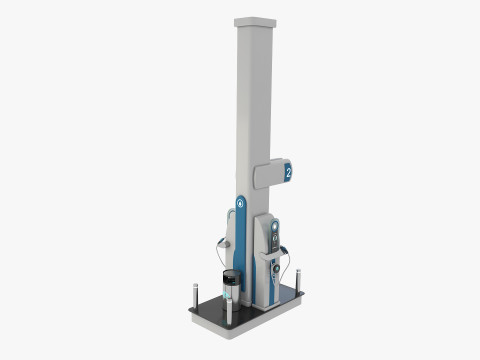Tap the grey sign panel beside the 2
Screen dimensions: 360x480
point(268,176)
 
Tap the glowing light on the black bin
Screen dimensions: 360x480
point(231,281)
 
